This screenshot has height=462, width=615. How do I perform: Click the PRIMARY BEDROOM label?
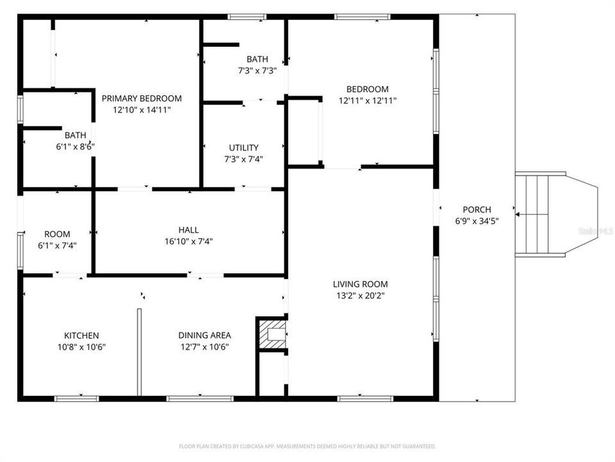pyautogui.click(x=142, y=98)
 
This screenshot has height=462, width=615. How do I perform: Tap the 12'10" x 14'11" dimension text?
pyautogui.click(x=142, y=110)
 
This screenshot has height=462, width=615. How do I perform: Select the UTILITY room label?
pyautogui.click(x=243, y=148)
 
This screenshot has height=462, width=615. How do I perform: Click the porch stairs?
pyautogui.click(x=537, y=215)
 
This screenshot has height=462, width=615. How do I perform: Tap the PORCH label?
pyautogui.click(x=477, y=209)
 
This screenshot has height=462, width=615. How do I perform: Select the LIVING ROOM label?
pyautogui.click(x=360, y=284)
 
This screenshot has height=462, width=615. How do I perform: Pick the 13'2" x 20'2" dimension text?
pyautogui.click(x=360, y=296)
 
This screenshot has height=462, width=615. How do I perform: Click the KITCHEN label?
pyautogui.click(x=81, y=335)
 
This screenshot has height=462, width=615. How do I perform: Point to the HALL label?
pyautogui.click(x=188, y=230)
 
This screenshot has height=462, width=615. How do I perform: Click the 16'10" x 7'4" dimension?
pyautogui.click(x=188, y=241)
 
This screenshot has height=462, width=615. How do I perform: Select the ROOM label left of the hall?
pyautogui.click(x=57, y=234)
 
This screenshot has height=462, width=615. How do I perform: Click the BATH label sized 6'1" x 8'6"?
pyautogui.click(x=75, y=135)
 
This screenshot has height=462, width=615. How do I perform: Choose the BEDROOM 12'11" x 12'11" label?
pyautogui.click(x=367, y=89)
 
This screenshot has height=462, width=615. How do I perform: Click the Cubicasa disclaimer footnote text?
pyautogui.click(x=307, y=446)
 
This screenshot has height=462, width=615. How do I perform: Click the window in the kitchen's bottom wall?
pyautogui.click(x=76, y=398)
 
